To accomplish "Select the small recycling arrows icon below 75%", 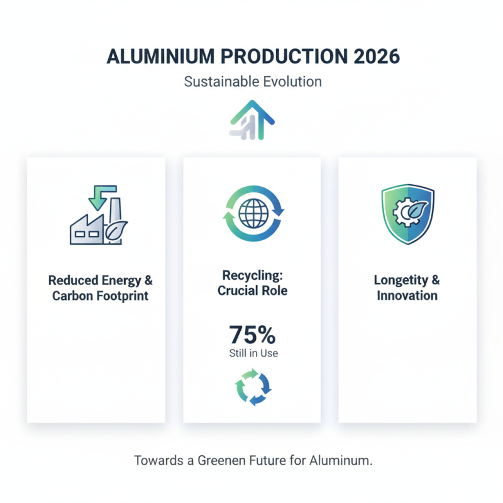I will (253, 388).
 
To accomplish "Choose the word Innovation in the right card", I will (407, 295).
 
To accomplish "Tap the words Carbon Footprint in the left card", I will (101, 296).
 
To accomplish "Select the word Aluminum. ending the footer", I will (340, 460).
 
